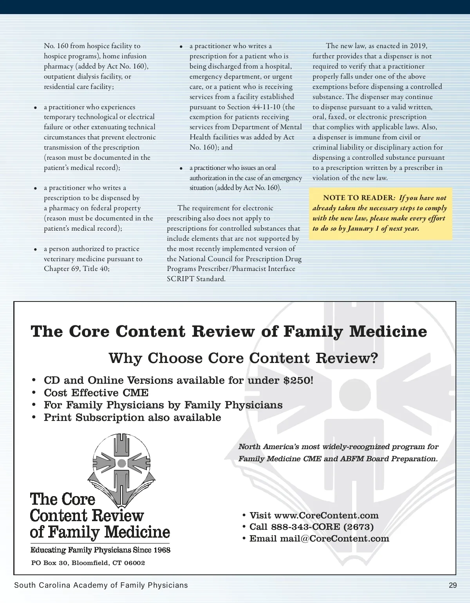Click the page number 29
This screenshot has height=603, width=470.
453,585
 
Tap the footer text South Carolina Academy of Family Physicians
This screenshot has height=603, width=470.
101,585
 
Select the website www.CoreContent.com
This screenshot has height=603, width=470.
326,515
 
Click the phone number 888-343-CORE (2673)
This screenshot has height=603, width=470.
322,527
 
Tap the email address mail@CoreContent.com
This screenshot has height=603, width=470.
334,538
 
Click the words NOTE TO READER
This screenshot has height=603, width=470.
358,198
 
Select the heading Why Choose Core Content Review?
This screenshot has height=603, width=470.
243,358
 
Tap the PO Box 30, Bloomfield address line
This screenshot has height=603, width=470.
88,563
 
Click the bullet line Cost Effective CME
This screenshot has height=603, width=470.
96,393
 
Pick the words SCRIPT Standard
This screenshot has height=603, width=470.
196,279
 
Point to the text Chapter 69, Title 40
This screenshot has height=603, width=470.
77,269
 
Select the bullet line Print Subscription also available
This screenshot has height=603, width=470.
132,417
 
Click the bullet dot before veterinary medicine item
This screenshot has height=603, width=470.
36,249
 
